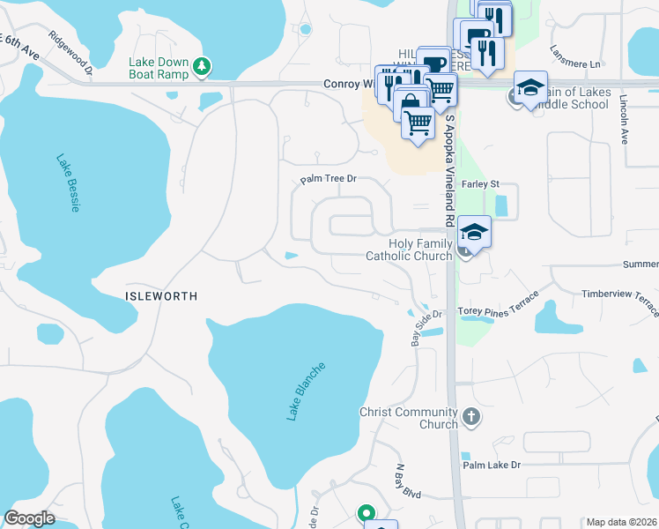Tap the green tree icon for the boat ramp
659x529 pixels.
[203, 65]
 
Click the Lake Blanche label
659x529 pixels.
[307, 391]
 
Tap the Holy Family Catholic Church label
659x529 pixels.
[409, 250]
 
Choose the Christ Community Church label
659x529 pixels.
[408, 418]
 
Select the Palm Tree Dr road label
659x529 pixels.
[328, 179]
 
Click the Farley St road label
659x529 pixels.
[481, 184]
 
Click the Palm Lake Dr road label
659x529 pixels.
[492, 464]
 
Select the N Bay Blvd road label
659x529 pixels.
[410, 481]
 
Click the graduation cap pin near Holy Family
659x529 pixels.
[474, 234]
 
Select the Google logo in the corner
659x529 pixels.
[29, 518]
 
